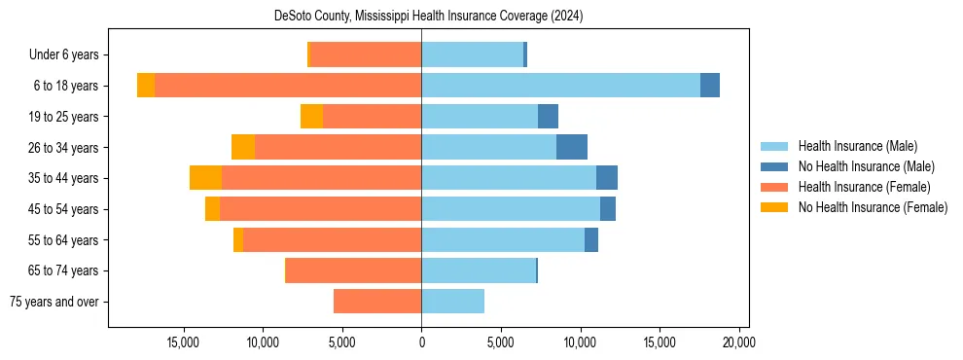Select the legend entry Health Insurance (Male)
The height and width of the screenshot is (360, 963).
click(x=857, y=146)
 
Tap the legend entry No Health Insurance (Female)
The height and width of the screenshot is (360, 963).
click(x=873, y=207)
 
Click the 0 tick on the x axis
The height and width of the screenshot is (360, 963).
click(x=421, y=342)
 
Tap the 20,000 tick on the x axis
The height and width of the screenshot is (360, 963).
click(x=739, y=342)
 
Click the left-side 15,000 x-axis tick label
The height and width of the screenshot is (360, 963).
click(x=183, y=342)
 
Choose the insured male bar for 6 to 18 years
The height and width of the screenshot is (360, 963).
click(x=560, y=86)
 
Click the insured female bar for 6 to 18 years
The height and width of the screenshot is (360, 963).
click(x=288, y=86)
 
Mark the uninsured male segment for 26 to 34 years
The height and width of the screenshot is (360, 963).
click(x=572, y=147)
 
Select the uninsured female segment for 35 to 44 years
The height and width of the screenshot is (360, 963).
click(x=205, y=178)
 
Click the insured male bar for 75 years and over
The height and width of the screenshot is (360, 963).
click(x=452, y=302)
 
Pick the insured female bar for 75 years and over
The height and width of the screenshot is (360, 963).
click(x=377, y=302)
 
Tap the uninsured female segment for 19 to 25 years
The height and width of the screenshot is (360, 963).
click(x=311, y=117)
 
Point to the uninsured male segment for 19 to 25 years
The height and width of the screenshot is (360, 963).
click(x=548, y=117)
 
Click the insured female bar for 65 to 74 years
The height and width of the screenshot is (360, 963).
click(x=353, y=270)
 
